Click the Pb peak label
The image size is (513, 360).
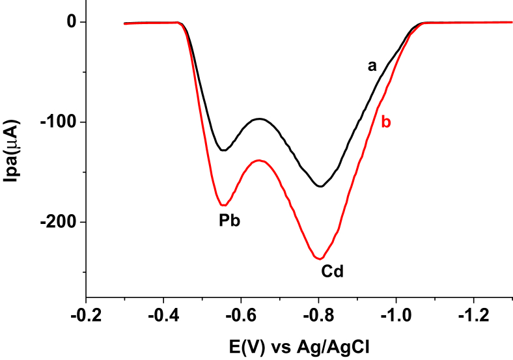(229, 221)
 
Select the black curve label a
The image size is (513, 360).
(372, 66)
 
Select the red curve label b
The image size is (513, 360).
(386, 122)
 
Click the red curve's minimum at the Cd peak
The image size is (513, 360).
(320, 258)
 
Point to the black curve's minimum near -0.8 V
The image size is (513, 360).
(320, 187)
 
